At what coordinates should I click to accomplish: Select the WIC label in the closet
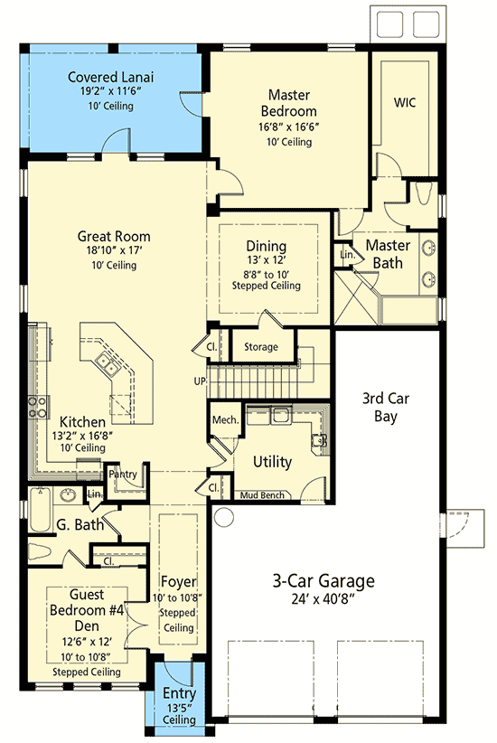[x=404, y=102]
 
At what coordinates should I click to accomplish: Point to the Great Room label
[x=113, y=238]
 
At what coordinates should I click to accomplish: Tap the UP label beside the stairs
[x=199, y=381]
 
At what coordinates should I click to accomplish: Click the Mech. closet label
[x=224, y=419]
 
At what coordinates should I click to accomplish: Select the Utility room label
[x=272, y=462]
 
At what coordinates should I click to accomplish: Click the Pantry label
[x=123, y=474]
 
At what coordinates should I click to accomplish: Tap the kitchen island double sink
[x=108, y=364]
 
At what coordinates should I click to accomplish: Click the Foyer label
[x=179, y=580]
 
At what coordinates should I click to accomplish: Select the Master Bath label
[x=388, y=254]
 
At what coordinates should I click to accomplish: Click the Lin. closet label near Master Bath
[x=347, y=256]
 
